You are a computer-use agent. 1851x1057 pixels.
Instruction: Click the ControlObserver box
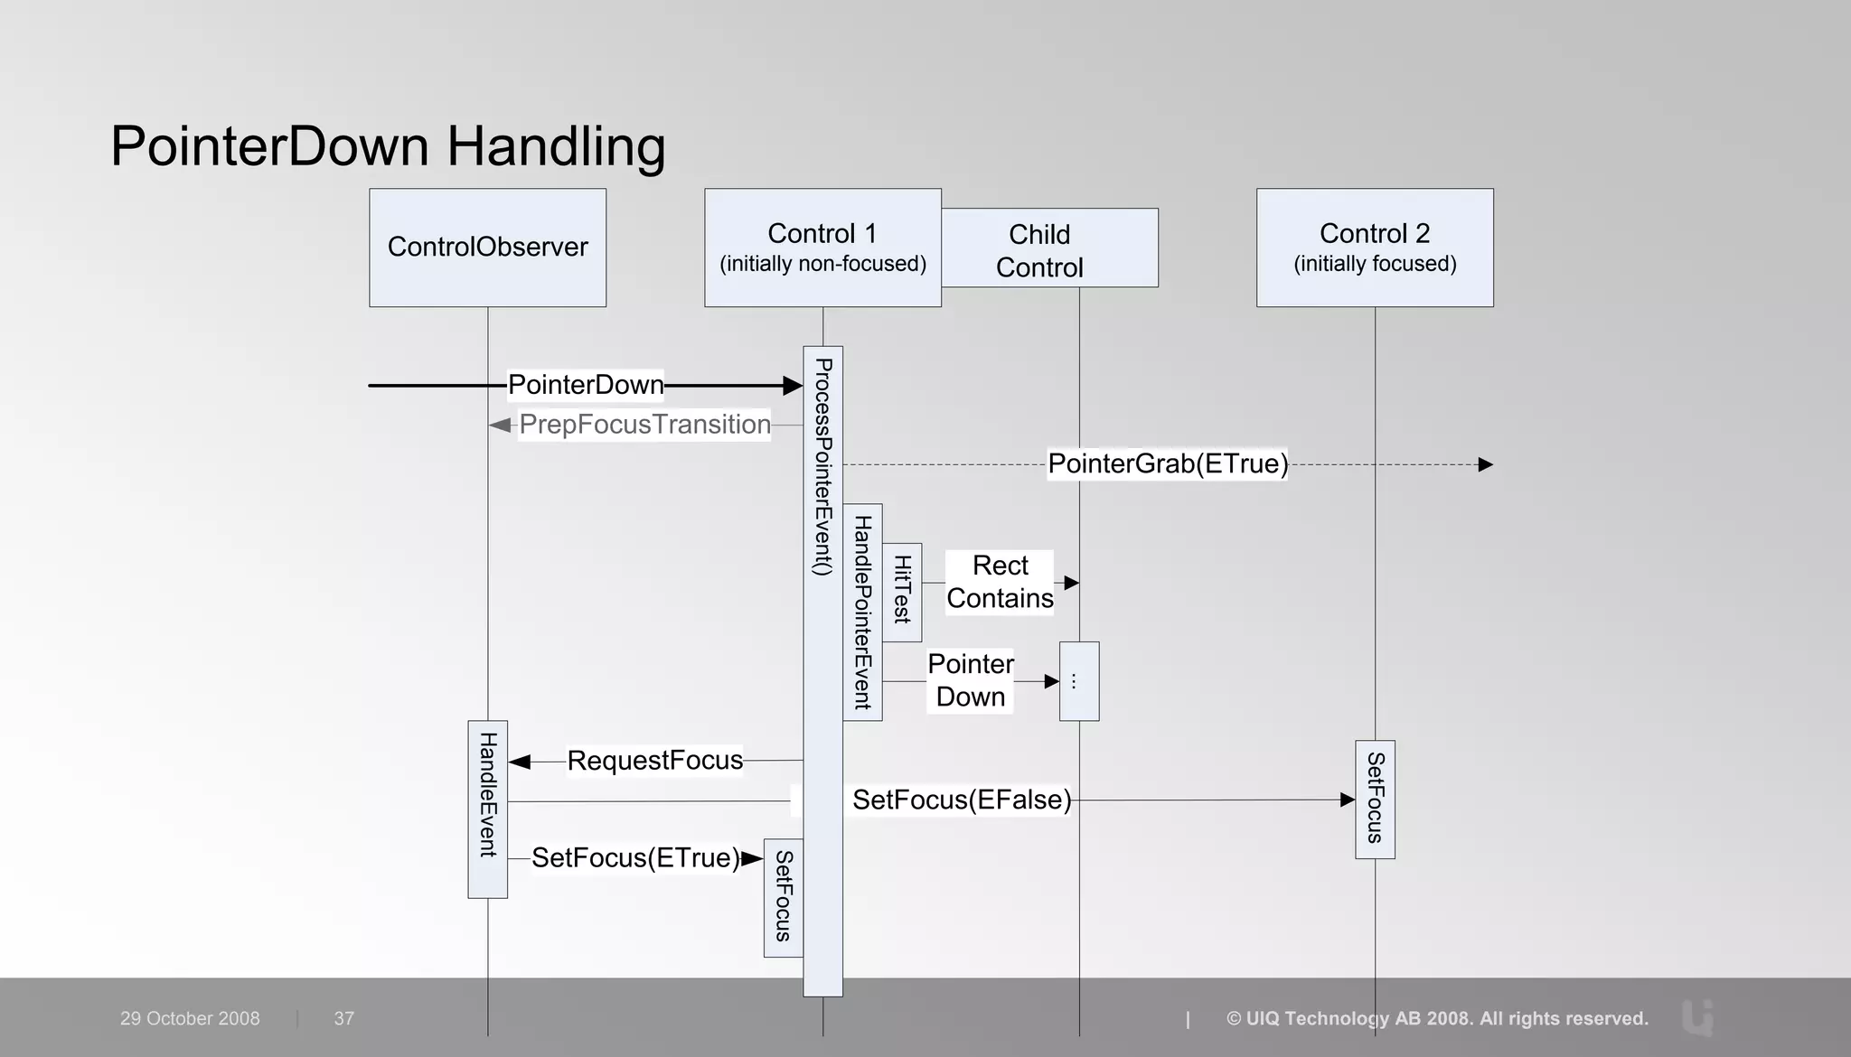tap(487, 247)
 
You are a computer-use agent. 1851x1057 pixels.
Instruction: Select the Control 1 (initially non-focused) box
tap(822, 247)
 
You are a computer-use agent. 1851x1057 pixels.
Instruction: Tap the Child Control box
tap(1048, 249)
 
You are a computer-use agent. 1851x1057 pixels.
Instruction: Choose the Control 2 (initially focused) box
tap(1375, 247)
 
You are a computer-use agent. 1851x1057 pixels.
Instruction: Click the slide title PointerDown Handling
tap(388, 145)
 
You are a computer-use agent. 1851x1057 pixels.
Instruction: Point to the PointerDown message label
tap(586, 385)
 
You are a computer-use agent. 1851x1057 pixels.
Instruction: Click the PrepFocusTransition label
tap(644, 425)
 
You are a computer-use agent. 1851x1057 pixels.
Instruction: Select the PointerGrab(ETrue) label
tap(1168, 464)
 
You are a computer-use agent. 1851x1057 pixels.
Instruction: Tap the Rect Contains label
tap(1000, 582)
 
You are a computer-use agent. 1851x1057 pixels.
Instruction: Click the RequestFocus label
tap(654, 761)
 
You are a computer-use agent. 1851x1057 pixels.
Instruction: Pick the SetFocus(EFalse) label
tap(962, 800)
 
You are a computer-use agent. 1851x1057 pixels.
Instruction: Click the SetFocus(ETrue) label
tap(635, 857)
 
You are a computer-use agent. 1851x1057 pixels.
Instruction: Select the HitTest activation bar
tap(902, 592)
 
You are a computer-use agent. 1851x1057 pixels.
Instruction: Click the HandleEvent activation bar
tap(487, 809)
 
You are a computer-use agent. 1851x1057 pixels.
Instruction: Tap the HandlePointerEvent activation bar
tap(862, 612)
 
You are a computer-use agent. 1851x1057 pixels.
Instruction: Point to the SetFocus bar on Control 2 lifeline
tap(1375, 799)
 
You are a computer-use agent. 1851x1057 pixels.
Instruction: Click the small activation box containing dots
tap(1079, 681)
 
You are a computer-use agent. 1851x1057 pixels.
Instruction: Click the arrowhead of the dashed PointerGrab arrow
tap(1485, 464)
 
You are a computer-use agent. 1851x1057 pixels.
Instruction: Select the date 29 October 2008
tap(190, 1018)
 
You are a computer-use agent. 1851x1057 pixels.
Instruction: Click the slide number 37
tap(343, 1018)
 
